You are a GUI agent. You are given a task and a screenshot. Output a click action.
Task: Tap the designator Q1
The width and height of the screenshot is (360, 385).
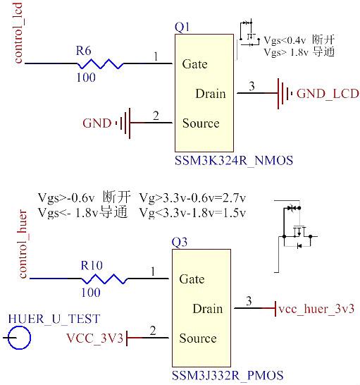click(x=182, y=28)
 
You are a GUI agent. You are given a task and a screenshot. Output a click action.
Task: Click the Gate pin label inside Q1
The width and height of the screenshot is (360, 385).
click(x=194, y=64)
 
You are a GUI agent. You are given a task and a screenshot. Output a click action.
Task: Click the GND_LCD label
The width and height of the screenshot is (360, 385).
click(x=328, y=93)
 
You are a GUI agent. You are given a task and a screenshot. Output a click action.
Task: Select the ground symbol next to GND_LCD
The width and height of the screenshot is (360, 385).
click(x=283, y=93)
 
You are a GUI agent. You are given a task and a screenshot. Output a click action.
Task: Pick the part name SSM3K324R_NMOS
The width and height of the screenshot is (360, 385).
click(x=233, y=161)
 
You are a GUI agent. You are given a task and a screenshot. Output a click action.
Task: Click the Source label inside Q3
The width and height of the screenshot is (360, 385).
click(x=197, y=338)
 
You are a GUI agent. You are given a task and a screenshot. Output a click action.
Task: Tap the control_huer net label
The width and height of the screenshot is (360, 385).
click(x=23, y=248)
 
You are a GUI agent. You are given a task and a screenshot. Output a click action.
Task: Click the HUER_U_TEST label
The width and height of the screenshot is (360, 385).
click(x=54, y=318)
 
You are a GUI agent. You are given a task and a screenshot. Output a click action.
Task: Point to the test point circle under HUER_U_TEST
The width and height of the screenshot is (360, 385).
click(x=18, y=338)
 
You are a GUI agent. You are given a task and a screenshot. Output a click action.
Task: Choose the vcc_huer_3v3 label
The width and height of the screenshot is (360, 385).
click(x=316, y=309)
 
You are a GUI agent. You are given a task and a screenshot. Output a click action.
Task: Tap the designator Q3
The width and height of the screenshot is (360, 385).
click(x=180, y=243)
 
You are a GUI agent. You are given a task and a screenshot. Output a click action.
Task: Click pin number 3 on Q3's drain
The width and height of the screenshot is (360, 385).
click(x=248, y=302)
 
